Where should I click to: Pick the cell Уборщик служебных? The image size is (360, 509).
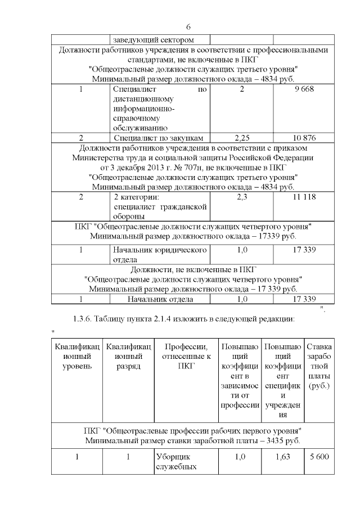tap(175, 462)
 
